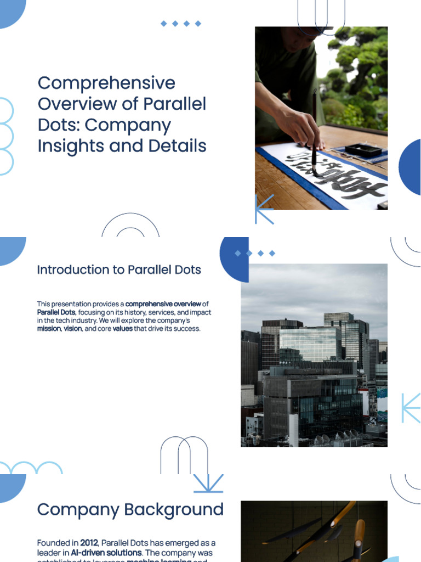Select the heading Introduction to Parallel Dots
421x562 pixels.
[x=119, y=270]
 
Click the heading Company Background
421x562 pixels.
[x=130, y=510]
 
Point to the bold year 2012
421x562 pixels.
[x=89, y=543]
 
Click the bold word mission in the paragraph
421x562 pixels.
[x=48, y=329]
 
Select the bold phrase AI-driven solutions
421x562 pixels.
[x=106, y=553]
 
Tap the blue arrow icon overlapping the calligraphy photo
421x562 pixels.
[x=263, y=209]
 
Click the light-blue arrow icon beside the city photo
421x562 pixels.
[x=411, y=408]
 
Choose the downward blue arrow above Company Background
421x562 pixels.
[x=208, y=484]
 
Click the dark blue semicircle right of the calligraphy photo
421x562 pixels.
[x=411, y=167]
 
